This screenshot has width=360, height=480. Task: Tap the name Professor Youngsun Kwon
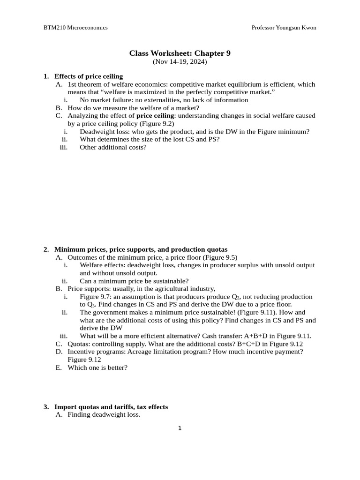point(284,28)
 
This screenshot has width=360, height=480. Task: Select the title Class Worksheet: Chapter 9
point(180,53)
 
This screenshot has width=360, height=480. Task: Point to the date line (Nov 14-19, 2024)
point(180,61)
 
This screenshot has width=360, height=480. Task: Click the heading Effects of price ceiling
point(89,76)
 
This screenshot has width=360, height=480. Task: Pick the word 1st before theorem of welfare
point(73,84)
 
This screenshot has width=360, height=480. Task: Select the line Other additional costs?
point(113,147)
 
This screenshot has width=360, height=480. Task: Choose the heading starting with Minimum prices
point(141,249)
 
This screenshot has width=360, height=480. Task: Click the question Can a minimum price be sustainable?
point(134,281)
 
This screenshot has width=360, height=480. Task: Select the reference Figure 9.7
point(95,297)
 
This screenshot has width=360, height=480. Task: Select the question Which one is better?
point(97,367)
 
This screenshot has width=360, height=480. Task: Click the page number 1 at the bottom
point(180,428)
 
